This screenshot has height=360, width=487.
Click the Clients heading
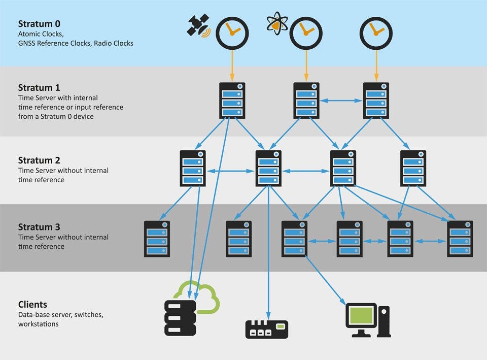point(32,305)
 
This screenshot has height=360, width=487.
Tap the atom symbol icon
point(277,23)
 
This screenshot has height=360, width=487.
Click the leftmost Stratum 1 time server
point(232,101)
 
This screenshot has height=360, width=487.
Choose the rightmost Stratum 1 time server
point(376,101)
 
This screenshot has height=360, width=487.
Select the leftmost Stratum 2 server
point(193,168)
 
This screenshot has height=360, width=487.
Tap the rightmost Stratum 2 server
point(413,168)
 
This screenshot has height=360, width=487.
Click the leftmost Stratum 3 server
point(157,239)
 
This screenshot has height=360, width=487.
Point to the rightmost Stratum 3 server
point(460,239)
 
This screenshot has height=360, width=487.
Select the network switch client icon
point(266,329)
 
